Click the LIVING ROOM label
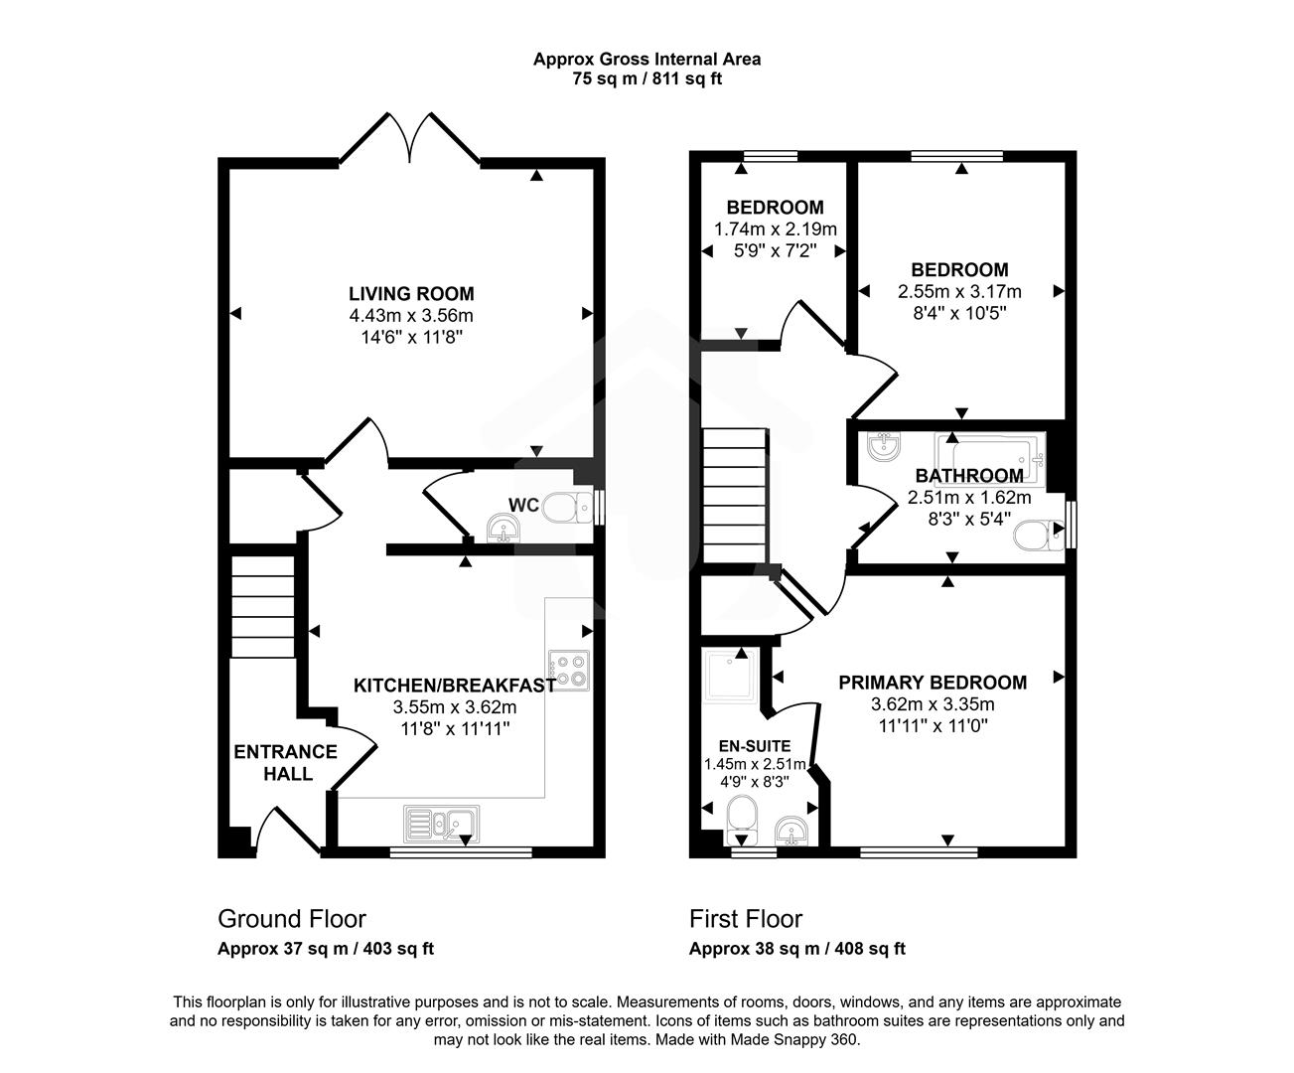[410, 294]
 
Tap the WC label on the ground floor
[523, 506]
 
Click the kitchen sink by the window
[442, 823]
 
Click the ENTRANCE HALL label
[285, 762]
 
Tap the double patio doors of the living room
[410, 139]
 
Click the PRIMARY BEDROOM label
[933, 683]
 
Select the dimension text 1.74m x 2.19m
[775, 230]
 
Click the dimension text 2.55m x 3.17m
[959, 291]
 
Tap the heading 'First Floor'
[746, 919]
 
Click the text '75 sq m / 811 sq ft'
[647, 79]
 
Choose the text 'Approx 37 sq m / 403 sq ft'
[326, 949]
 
